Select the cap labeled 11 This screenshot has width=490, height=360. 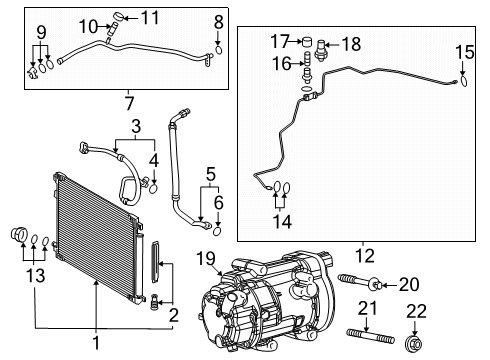(122, 17)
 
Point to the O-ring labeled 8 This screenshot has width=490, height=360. (218, 46)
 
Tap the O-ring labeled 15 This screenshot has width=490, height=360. (462, 83)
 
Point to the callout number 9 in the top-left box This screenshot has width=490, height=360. (40, 33)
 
